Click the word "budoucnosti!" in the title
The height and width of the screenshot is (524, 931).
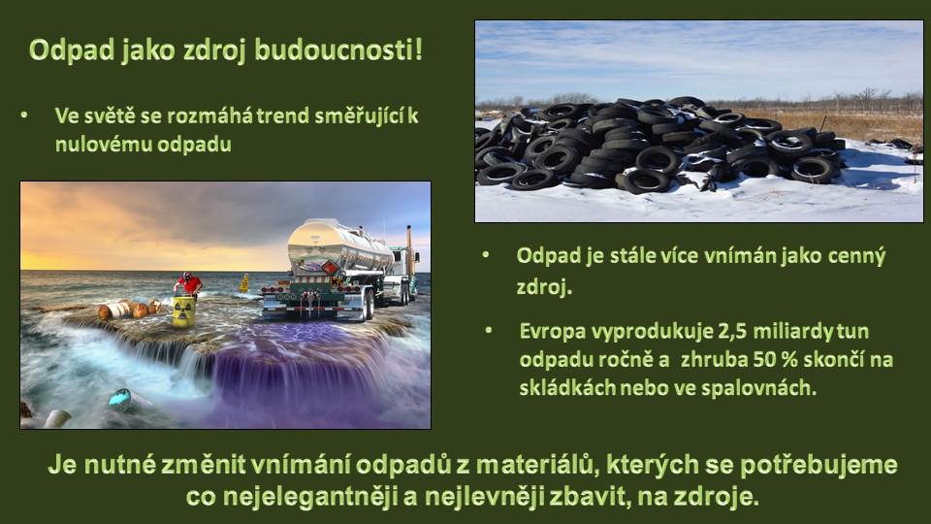[x=339, y=49]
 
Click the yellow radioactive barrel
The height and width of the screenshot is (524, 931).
[x=184, y=312]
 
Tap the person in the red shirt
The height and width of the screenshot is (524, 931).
[x=189, y=284]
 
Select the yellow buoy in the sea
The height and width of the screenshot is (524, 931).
[x=244, y=282]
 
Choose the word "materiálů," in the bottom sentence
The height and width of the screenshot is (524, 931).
[x=538, y=465]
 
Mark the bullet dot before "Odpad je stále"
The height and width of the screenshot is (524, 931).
[x=486, y=255]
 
